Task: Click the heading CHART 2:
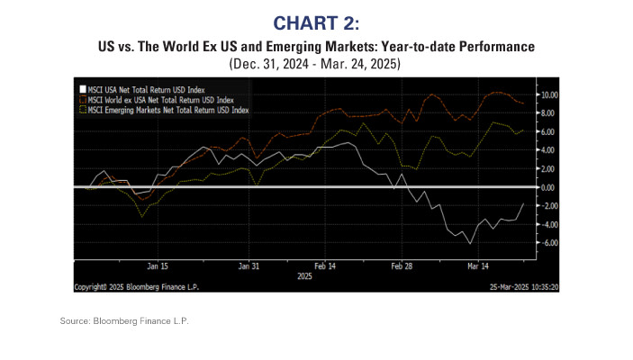[x=315, y=21]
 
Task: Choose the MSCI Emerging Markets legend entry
[x=167, y=110]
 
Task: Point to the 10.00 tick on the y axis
[x=548, y=94]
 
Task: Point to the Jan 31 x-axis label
[x=249, y=266]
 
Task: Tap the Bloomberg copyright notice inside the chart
[x=136, y=287]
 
